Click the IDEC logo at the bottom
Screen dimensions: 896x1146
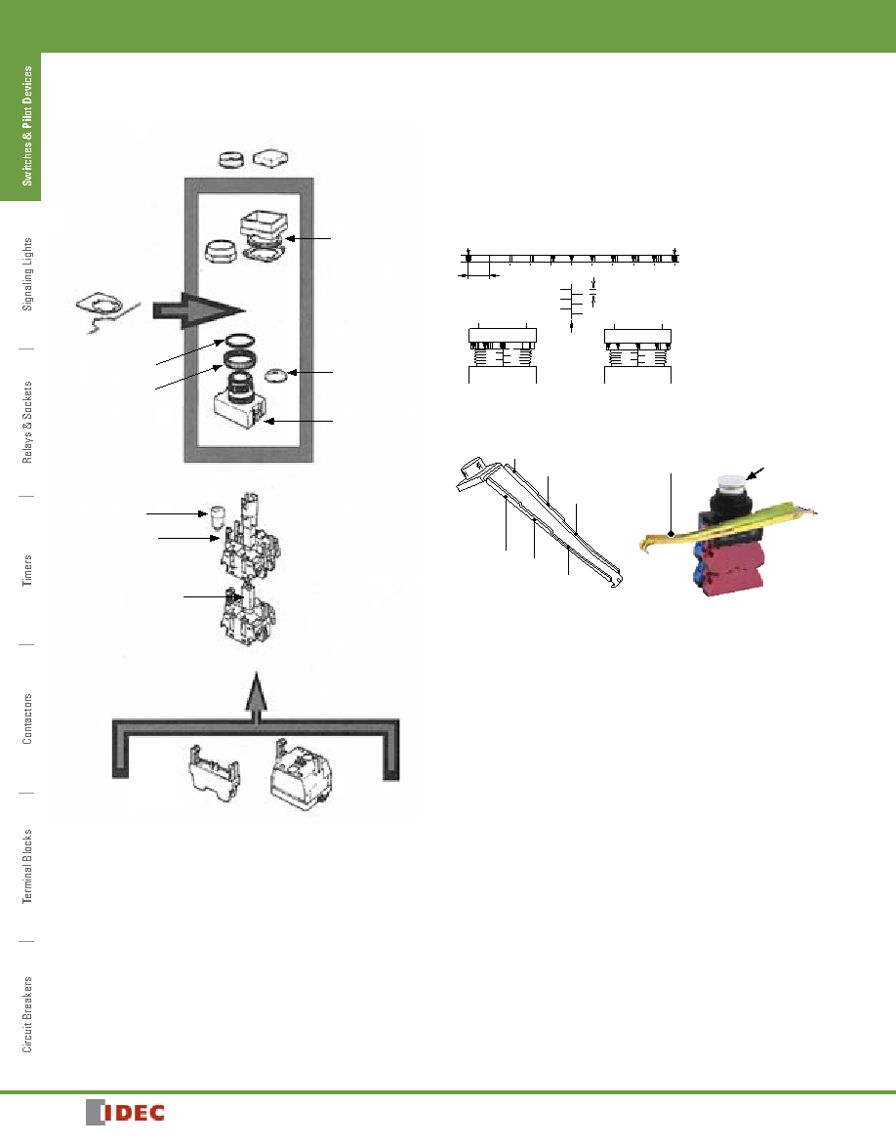click(x=125, y=1113)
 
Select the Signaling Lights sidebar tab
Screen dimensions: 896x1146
click(x=27, y=274)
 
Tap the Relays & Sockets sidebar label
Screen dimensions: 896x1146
click(x=27, y=422)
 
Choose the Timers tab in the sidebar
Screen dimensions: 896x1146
click(x=27, y=570)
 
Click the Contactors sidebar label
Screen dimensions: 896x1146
click(x=27, y=718)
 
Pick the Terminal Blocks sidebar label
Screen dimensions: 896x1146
click(x=27, y=866)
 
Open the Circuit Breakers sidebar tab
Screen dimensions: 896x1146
click(x=27, y=1014)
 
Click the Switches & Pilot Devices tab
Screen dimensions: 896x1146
click(x=27, y=126)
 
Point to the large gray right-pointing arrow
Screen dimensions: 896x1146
click(x=198, y=309)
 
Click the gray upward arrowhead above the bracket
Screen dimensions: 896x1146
click(x=255, y=692)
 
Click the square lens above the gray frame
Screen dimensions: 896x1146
click(x=270, y=158)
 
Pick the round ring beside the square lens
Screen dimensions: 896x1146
click(x=231, y=158)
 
